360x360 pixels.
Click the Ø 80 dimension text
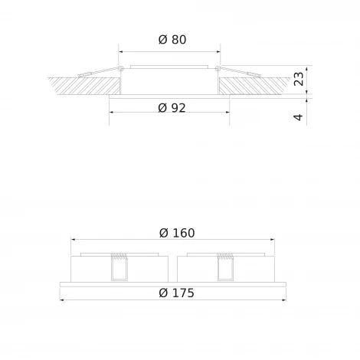point(172,41)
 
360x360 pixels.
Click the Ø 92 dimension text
point(172,108)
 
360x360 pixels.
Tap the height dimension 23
point(299,78)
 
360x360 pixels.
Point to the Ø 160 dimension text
point(172,233)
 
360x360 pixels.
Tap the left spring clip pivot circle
point(120,71)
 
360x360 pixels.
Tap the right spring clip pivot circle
point(220,71)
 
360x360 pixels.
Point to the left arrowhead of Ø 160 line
point(74,239)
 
